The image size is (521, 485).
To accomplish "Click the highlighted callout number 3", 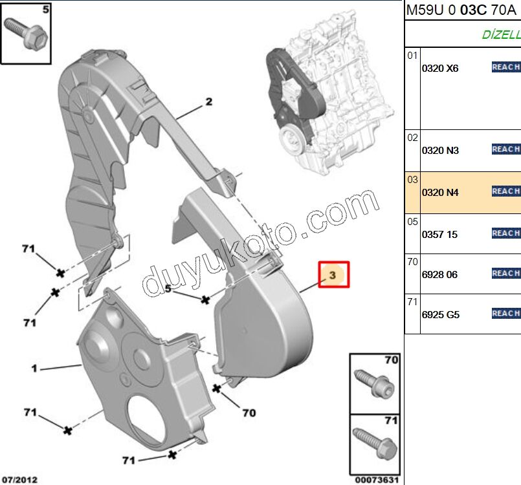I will [x=333, y=275].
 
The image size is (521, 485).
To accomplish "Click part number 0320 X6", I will [x=440, y=68].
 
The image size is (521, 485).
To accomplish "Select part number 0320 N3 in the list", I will [x=440, y=151].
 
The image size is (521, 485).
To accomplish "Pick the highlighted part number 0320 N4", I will [x=440, y=192].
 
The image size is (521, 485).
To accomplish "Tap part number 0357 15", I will [x=439, y=234].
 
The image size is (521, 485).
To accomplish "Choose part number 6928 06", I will [x=439, y=275].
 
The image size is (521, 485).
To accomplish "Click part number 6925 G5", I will [x=440, y=315].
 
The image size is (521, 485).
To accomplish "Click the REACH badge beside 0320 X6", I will [x=505, y=67].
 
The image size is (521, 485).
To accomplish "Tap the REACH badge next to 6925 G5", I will [x=505, y=314].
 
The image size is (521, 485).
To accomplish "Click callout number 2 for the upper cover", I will [x=209, y=102].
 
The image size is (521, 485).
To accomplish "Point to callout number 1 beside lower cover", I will [x=34, y=369].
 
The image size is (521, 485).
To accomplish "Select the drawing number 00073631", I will [x=375, y=479].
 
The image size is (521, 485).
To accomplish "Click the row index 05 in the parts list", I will [x=413, y=221].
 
